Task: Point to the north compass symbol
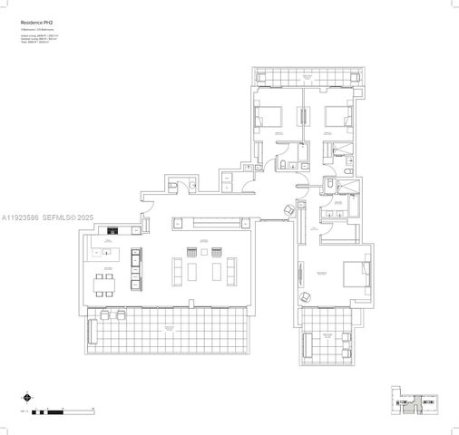pyautogui.click(x=26, y=395)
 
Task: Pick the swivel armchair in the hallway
pyautogui.click(x=289, y=210)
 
